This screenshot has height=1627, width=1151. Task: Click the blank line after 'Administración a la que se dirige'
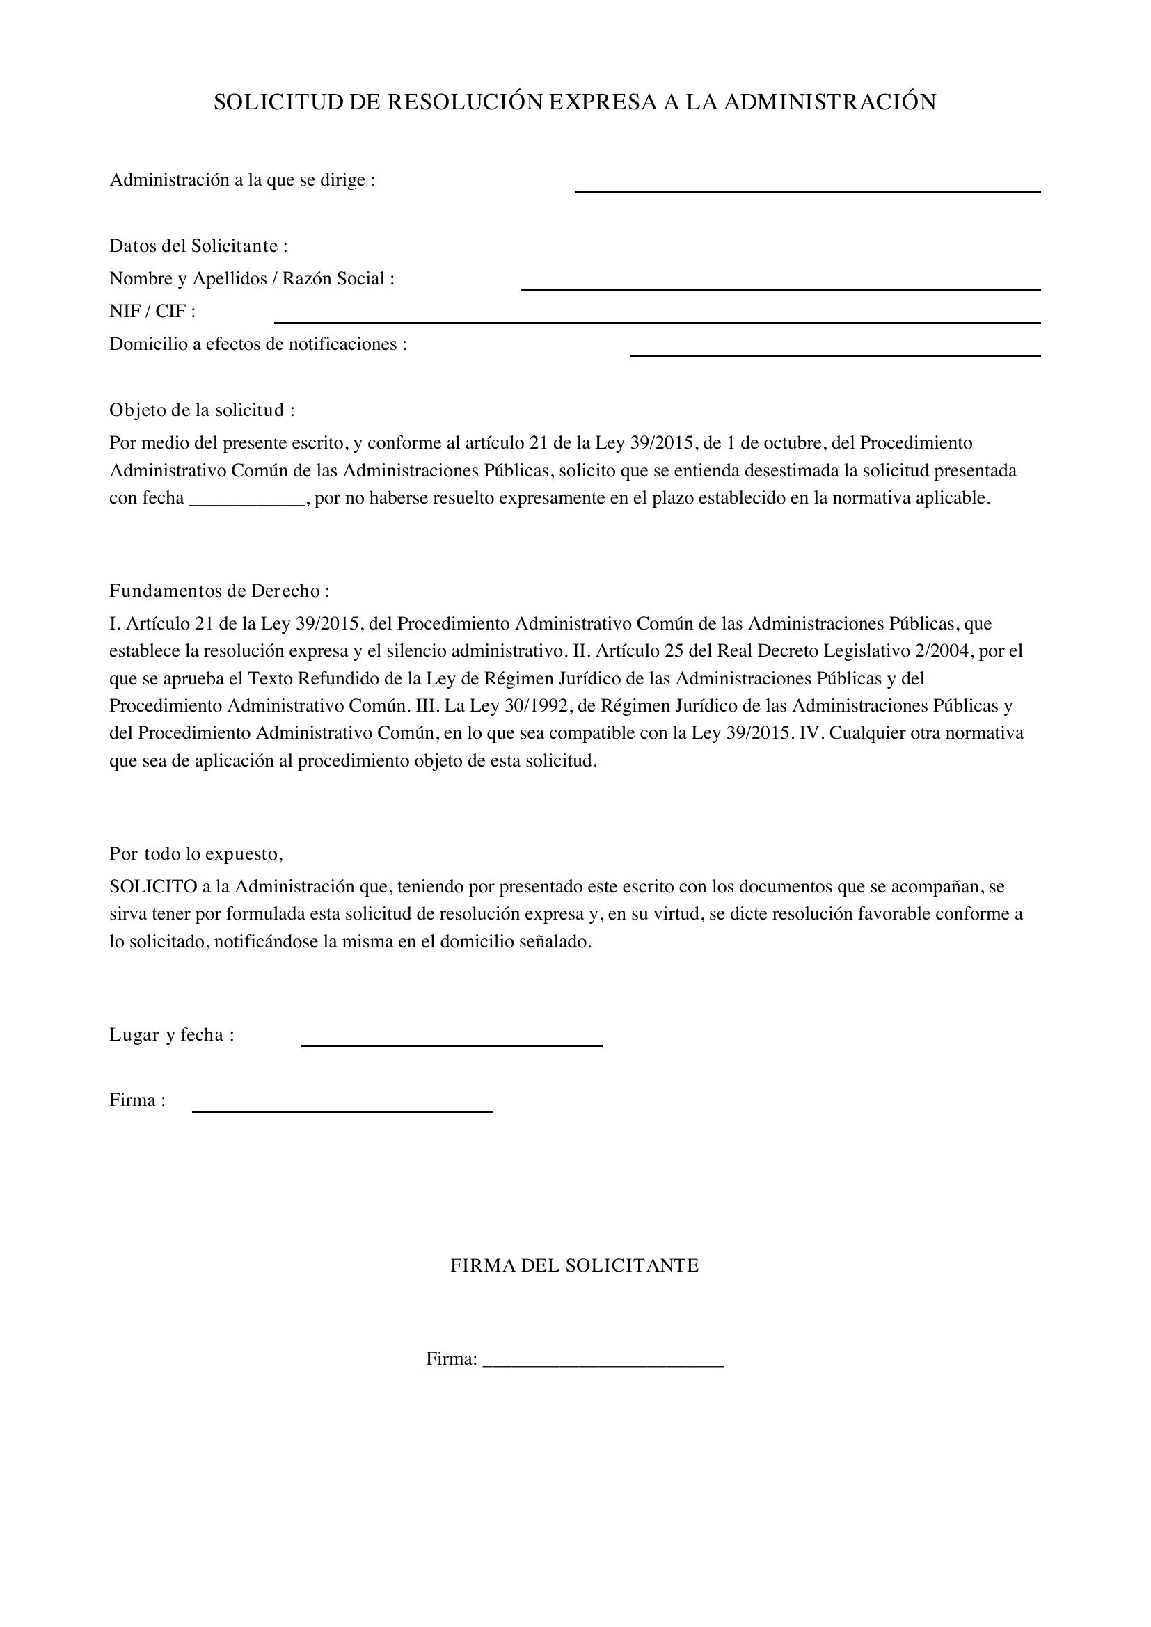tap(807, 189)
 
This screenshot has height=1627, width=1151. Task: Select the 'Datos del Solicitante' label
tap(198, 246)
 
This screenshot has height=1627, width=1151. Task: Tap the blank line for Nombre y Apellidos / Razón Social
tap(779, 288)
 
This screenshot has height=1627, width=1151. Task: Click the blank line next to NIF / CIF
tap(656, 321)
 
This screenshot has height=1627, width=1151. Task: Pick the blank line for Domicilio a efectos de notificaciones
tap(835, 353)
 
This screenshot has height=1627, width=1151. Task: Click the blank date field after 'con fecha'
tap(246, 500)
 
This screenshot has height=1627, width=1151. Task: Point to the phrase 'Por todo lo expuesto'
tap(196, 854)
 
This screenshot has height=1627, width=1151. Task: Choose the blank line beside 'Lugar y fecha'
tap(452, 1044)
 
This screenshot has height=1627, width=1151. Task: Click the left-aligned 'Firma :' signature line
tap(342, 1109)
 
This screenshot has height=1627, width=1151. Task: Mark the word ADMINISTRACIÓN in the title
tap(830, 103)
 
